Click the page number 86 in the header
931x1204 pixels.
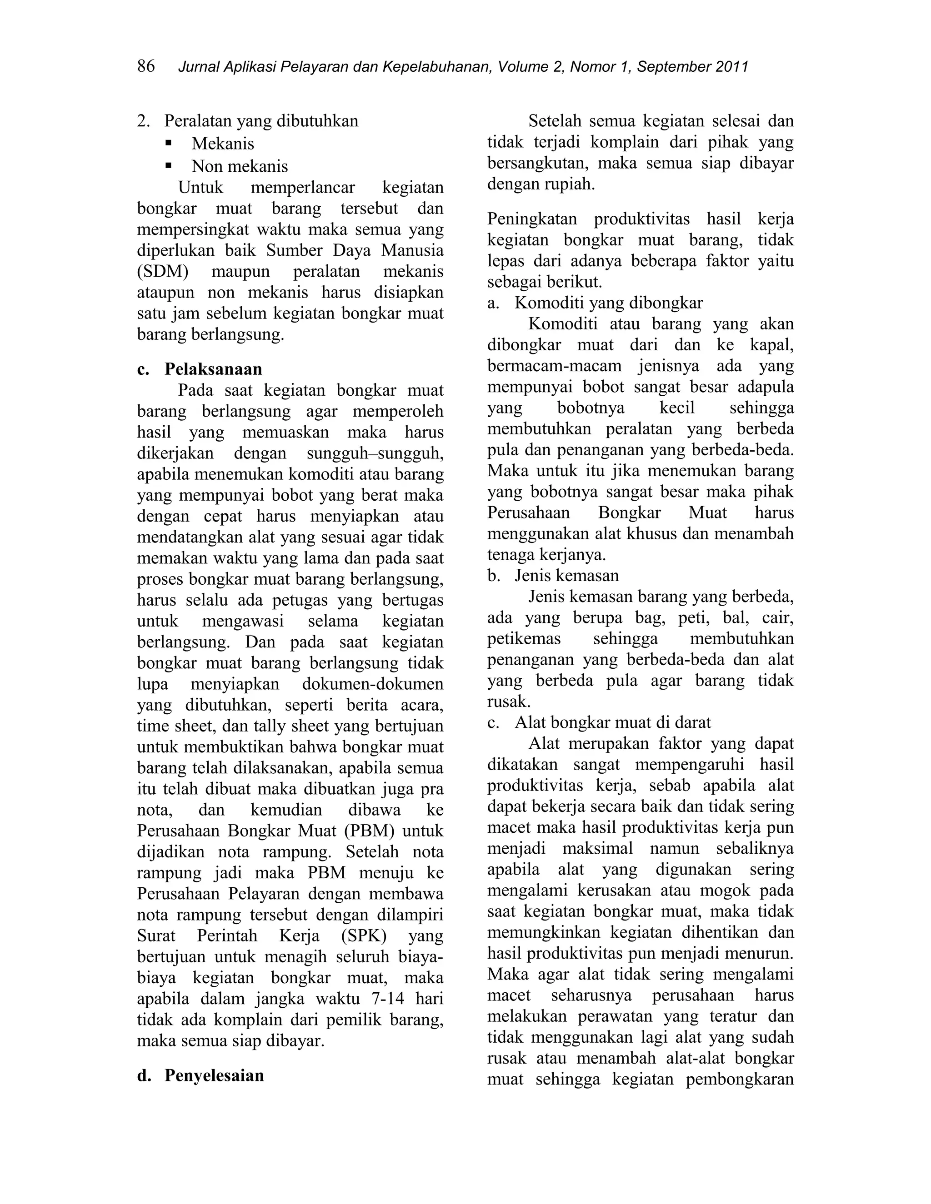tap(146, 66)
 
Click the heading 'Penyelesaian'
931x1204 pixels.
tap(214, 1075)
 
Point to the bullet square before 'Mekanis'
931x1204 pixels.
tap(169, 143)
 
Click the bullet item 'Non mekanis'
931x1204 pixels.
tap(240, 166)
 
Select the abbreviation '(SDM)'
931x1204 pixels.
tap(163, 271)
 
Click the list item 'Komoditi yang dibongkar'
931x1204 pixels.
tap(608, 303)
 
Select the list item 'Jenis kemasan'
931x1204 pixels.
tap(566, 576)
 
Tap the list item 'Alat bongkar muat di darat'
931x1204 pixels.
tap(613, 722)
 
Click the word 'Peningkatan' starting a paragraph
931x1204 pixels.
tap(532, 219)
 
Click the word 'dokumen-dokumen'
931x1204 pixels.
tap(372, 684)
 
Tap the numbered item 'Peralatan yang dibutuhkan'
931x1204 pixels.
tap(261, 121)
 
